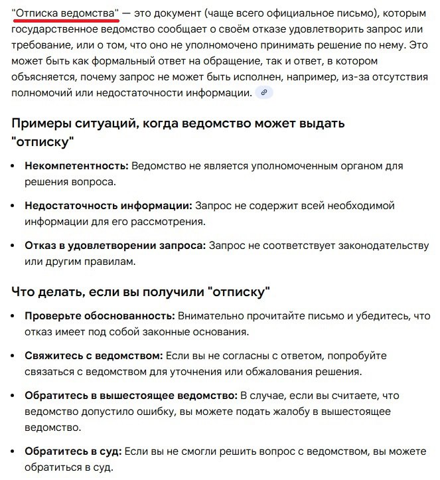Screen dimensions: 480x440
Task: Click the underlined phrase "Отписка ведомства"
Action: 66,13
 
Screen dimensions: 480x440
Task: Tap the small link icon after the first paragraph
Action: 264,93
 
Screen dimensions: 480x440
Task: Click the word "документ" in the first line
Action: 173,13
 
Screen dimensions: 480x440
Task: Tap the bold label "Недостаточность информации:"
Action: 108,206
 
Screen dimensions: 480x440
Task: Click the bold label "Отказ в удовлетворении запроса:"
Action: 115,246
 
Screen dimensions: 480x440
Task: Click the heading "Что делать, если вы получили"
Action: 106,291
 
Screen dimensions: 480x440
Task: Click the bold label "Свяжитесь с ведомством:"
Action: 94,356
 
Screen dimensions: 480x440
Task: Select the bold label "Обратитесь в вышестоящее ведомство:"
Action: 131,396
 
